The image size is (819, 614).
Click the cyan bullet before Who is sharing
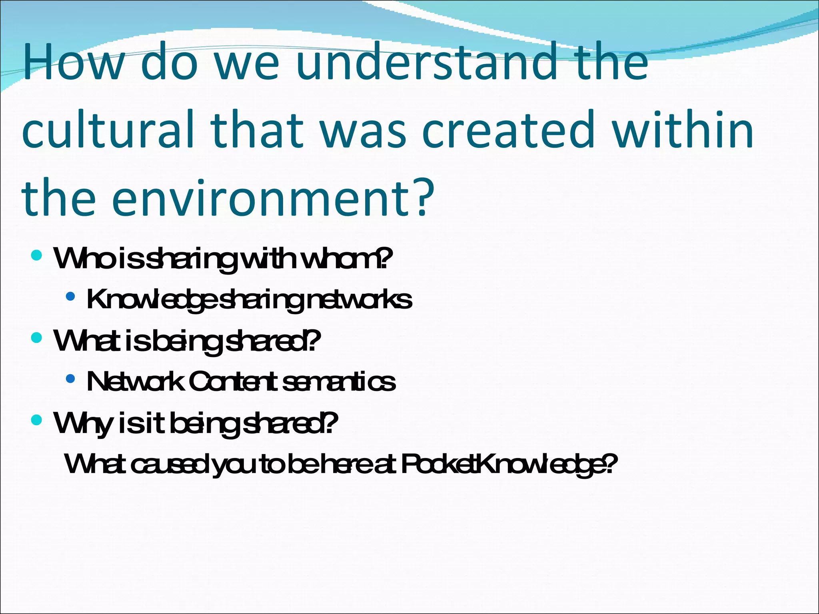[36, 255]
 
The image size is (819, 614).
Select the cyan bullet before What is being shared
[36, 337]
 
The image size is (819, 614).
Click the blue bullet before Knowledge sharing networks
[70, 296]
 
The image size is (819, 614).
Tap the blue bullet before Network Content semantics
[70, 379]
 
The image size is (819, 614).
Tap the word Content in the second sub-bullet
[232, 382]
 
